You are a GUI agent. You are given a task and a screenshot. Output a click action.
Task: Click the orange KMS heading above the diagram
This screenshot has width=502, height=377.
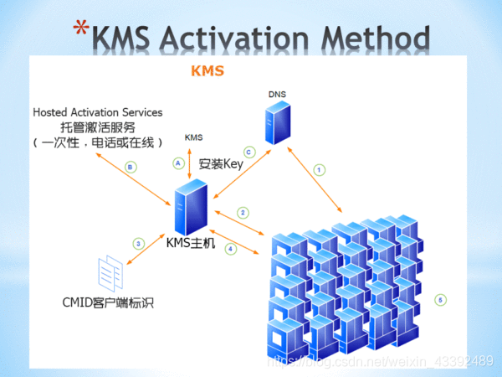(x=207, y=70)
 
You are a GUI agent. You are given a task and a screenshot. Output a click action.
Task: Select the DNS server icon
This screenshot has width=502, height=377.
(x=277, y=122)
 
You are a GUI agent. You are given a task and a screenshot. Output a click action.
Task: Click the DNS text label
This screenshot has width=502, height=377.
(x=277, y=93)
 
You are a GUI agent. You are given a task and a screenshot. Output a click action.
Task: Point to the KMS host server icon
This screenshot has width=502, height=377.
(x=192, y=209)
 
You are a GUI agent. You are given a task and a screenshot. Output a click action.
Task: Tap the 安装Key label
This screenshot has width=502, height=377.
(x=221, y=163)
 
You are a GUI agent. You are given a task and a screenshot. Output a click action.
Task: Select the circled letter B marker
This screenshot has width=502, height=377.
(x=130, y=167)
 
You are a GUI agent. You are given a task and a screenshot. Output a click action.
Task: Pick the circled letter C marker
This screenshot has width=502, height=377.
(x=248, y=152)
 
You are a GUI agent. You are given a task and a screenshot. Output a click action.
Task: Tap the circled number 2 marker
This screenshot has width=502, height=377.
(x=243, y=213)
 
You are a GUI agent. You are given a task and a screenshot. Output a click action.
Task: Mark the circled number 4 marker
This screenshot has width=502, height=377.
(x=231, y=248)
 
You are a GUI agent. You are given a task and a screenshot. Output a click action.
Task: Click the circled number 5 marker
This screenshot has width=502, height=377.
(x=442, y=299)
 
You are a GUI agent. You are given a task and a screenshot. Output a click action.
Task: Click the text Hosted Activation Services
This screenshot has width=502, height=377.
(x=98, y=112)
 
